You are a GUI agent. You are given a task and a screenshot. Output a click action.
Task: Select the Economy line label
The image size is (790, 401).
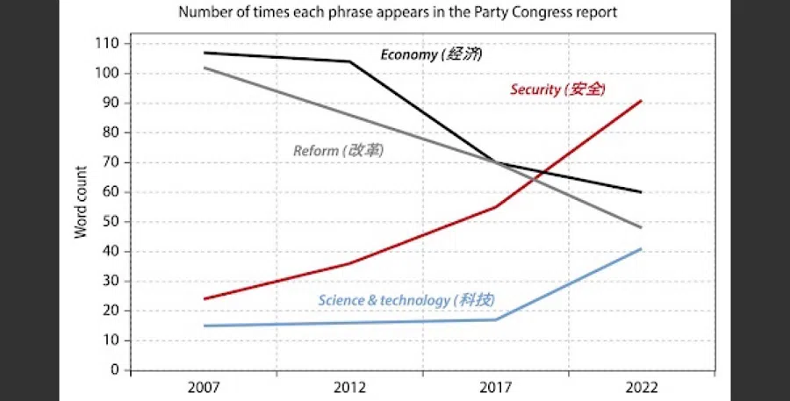[x=431, y=54]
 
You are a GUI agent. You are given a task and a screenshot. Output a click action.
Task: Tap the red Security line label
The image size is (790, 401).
[x=558, y=89]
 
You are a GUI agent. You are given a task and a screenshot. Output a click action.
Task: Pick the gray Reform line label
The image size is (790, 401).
[x=338, y=151]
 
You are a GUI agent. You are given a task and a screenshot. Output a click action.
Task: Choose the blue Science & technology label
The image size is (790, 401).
[x=406, y=300]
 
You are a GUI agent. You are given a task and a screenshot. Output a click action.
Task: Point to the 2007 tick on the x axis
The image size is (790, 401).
[x=204, y=387]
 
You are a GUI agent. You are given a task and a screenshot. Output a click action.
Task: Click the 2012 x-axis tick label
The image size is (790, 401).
[x=349, y=387]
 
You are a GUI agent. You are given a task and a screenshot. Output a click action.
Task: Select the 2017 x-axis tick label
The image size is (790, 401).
[x=495, y=387]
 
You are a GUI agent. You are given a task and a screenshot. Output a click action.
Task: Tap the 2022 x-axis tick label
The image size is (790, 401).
[x=641, y=387]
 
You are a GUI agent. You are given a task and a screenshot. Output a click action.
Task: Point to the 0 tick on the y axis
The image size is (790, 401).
[x=114, y=370]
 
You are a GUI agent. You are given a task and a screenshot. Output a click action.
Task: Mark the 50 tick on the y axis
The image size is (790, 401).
[x=110, y=222]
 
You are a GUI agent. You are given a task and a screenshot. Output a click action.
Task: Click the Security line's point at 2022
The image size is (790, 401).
[x=642, y=101]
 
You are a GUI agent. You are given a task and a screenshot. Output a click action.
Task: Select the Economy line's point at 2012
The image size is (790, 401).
[x=349, y=61]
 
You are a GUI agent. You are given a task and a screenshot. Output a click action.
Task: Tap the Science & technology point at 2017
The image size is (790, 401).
[x=495, y=319]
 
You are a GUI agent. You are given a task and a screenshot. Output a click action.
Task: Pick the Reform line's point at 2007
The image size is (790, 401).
[x=204, y=68]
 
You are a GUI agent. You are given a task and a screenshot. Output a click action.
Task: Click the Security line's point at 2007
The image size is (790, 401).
[x=204, y=299]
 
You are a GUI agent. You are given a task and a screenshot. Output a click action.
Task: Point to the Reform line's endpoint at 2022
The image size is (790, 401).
[x=642, y=227]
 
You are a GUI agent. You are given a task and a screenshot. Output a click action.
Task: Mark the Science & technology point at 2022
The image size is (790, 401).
[x=642, y=249]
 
